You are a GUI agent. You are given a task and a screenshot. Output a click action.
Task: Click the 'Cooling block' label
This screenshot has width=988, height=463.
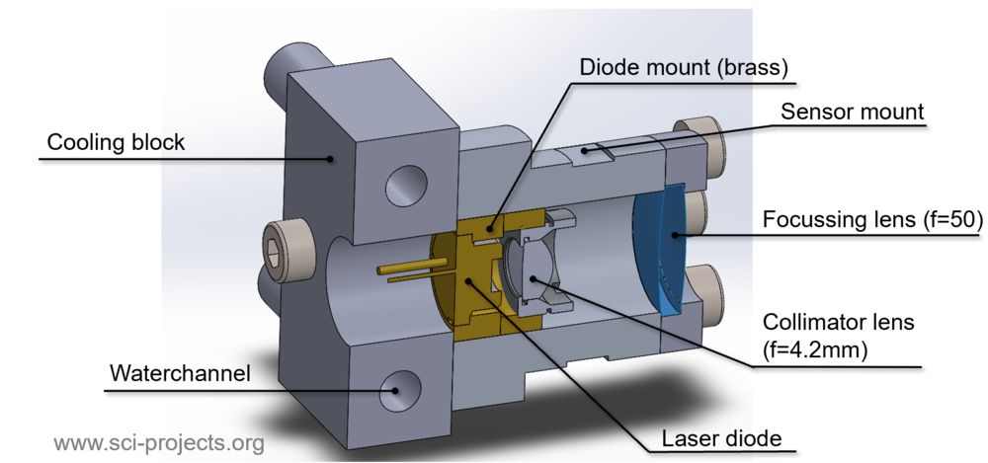pyautogui.click(x=116, y=142)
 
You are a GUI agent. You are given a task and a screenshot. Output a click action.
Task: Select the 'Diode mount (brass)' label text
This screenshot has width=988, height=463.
pyautogui.click(x=684, y=67)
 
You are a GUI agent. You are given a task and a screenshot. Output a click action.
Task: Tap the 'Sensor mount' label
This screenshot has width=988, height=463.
pyautogui.click(x=853, y=112)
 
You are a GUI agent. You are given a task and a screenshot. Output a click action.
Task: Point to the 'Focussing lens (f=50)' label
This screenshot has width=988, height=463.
pyautogui.click(x=872, y=219)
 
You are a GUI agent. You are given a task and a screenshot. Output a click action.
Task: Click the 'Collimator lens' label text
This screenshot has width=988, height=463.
pyautogui.click(x=838, y=322)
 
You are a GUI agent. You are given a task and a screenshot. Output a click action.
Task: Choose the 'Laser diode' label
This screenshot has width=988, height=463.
pyautogui.click(x=721, y=438)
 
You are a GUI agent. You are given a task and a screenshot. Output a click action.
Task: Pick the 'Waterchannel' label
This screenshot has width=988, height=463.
pyautogui.click(x=180, y=373)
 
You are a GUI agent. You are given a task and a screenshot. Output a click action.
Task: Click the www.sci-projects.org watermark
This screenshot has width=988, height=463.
pyautogui.click(x=159, y=443)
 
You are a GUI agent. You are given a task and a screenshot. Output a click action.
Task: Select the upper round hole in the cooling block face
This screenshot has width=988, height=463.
pyautogui.click(x=406, y=186)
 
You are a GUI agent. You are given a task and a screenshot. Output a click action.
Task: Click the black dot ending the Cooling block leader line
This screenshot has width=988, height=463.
pyautogui.click(x=330, y=159)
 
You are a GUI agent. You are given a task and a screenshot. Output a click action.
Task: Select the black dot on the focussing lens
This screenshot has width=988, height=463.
pyautogui.click(x=675, y=235)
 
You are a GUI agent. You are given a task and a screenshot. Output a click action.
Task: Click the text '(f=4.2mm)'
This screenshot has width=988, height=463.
pyautogui.click(x=814, y=350)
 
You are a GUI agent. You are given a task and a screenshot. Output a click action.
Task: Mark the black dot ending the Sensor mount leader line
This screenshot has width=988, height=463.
pyautogui.click(x=585, y=151)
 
